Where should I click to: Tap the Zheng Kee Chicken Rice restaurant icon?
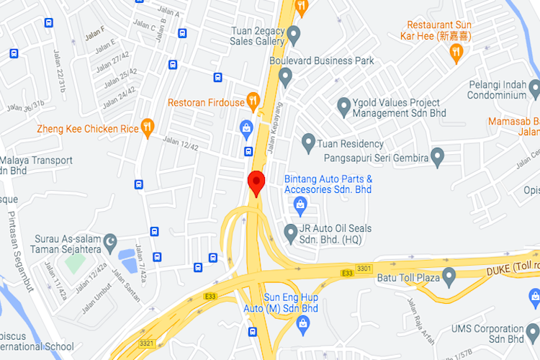(148, 127)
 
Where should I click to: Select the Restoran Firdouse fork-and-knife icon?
(253, 100)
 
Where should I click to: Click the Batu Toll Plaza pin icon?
(449, 274)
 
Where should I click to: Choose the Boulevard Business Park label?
(322, 61)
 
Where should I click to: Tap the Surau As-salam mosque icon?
(110, 242)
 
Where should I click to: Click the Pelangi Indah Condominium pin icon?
(534, 89)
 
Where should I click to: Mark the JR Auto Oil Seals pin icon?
(290, 232)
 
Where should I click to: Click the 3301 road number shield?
(365, 269)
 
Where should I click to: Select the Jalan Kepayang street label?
(273, 134)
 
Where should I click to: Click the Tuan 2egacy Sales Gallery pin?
(294, 34)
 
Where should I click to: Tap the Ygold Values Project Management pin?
(344, 107)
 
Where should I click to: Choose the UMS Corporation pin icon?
(533, 335)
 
